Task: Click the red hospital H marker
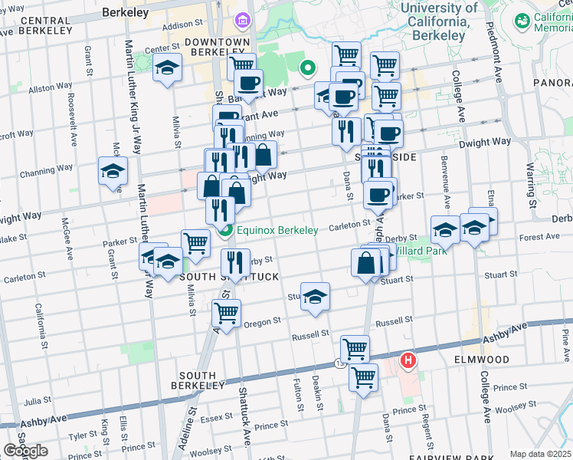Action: [409, 360]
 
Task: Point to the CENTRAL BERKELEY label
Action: [38, 25]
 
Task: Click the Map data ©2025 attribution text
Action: [540, 454]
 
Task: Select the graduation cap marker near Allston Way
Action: [167, 69]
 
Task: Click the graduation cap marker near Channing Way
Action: [113, 171]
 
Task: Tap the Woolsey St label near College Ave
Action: [509, 409]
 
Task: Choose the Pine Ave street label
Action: [565, 342]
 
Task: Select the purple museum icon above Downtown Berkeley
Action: [243, 18]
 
